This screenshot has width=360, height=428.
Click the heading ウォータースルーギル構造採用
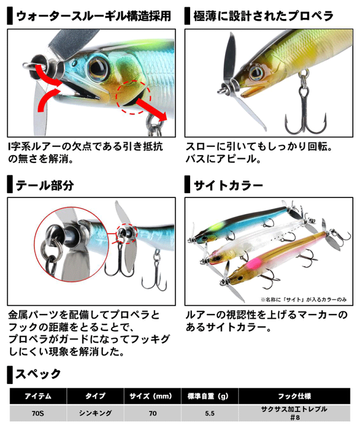(93, 16)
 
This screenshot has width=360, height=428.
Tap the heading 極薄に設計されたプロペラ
(263, 16)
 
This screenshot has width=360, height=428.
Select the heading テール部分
(45, 185)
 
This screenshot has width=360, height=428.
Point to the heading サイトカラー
(228, 185)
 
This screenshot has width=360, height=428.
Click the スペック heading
(38, 374)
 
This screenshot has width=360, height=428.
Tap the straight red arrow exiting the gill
(151, 109)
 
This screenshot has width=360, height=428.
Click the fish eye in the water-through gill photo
(98, 67)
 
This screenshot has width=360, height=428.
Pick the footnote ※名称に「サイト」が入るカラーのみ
(304, 300)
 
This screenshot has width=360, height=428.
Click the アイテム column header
(38, 396)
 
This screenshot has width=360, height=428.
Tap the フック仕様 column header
(294, 396)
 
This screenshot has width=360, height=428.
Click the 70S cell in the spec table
(38, 413)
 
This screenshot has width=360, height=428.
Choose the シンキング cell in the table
(95, 413)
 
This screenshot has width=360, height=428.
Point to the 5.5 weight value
(210, 413)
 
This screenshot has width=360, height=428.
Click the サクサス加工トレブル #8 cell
(294, 413)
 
